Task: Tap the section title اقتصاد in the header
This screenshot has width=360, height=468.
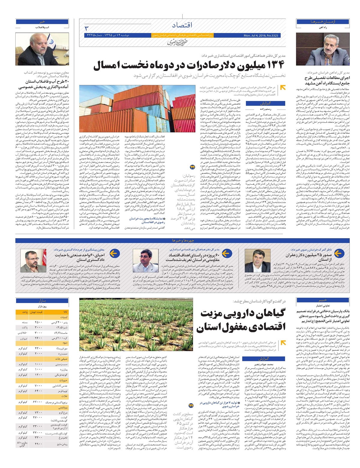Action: click(182, 25)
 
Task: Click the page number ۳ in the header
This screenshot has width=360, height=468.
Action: click(87, 29)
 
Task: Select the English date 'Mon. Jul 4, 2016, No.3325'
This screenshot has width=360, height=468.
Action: click(260, 35)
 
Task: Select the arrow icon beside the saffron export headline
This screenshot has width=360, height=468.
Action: click(339, 254)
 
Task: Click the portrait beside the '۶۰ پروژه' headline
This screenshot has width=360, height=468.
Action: click(141, 260)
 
